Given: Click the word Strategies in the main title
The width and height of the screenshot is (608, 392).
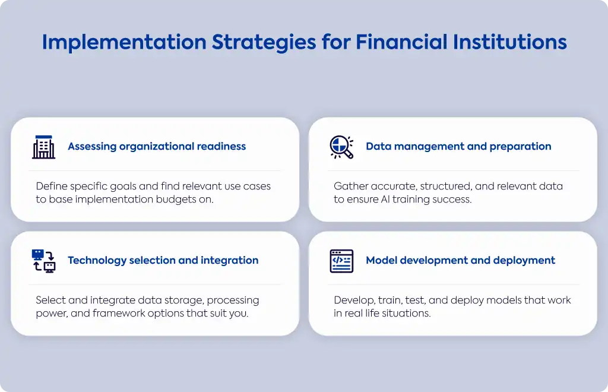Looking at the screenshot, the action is pos(264,43).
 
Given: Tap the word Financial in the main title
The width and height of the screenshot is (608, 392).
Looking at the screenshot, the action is pos(401,42).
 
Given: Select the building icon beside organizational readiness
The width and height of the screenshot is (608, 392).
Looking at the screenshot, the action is pos(43,147).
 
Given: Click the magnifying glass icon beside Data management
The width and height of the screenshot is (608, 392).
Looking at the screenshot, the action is pos(341,147).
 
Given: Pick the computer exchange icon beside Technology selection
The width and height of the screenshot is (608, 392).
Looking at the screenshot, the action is pos(43,261).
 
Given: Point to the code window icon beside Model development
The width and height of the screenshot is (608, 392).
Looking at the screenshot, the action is pos(341,261).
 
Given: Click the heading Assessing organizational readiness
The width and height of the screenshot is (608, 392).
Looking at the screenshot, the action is pos(157,147).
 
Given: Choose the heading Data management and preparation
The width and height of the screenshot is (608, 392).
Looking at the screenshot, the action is pos(458,147).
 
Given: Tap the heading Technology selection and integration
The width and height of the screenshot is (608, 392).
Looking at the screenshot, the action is pos(163,261).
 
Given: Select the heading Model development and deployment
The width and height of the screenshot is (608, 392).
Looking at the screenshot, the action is pos(460,261).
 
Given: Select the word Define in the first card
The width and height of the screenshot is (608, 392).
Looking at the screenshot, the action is pos(52,186).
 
